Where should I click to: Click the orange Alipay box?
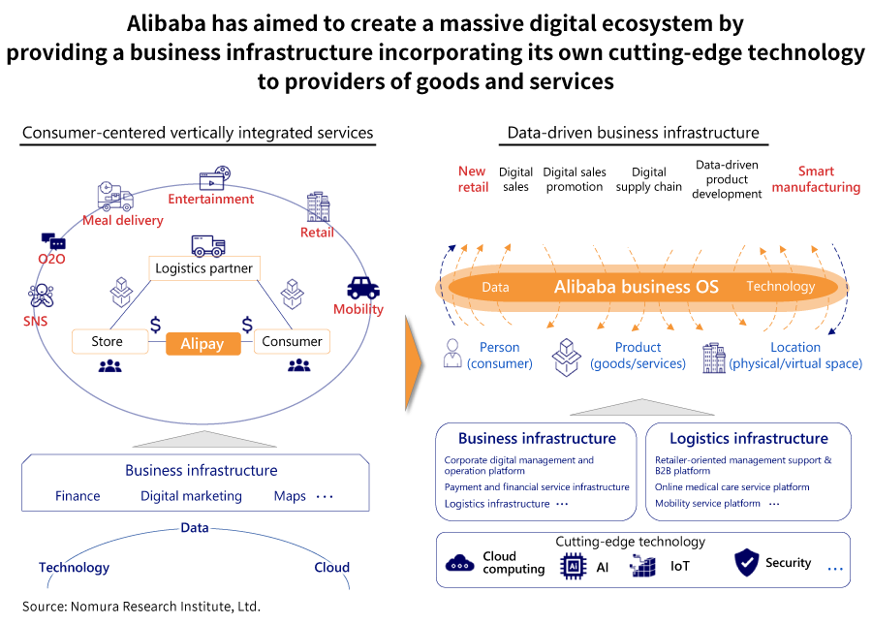[x=202, y=343]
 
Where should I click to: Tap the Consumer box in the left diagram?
[x=292, y=341]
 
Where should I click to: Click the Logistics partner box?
[x=203, y=267]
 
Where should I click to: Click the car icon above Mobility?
[x=363, y=287]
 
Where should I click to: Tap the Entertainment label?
[x=211, y=199]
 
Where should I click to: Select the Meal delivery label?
[x=123, y=220]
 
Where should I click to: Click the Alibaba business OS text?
[x=637, y=286]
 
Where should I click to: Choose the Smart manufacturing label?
[x=816, y=179]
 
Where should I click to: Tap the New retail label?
[x=473, y=179]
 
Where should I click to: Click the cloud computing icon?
[x=459, y=563]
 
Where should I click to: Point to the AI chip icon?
[x=573, y=566]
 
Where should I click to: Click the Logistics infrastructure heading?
[x=748, y=438]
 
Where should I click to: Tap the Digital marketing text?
[x=191, y=496]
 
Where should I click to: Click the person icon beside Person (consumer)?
[x=452, y=354]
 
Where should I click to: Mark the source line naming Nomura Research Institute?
[x=141, y=607]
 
